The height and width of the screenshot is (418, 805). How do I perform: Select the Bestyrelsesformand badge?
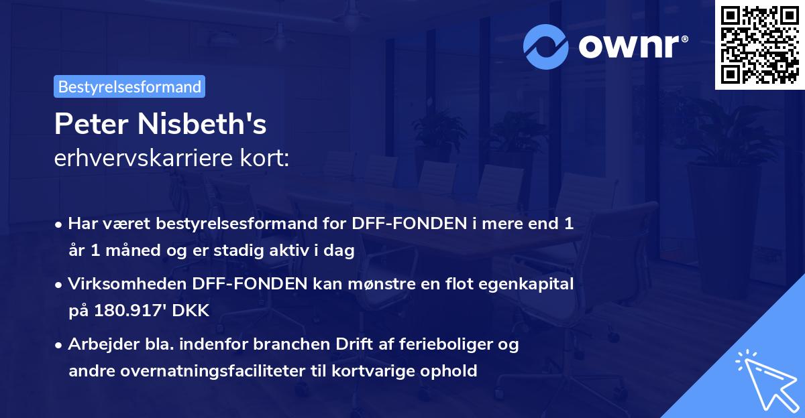129,86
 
